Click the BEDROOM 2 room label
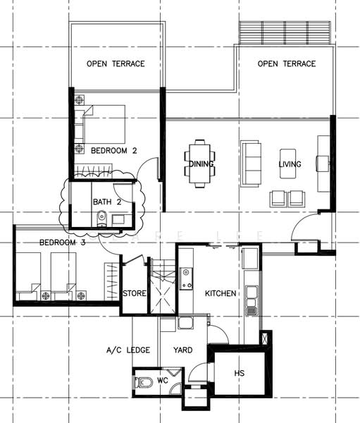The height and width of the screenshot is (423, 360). (x=114, y=151)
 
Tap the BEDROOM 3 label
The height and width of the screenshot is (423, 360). (x=63, y=243)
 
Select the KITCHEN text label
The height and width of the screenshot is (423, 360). (x=221, y=293)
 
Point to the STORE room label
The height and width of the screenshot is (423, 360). (x=135, y=293)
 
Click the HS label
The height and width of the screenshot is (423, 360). (x=240, y=373)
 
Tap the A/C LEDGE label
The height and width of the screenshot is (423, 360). (x=128, y=350)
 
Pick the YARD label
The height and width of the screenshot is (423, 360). (x=183, y=350)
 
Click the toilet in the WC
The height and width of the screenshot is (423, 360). (x=141, y=382)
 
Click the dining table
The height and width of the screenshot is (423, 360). (x=199, y=164)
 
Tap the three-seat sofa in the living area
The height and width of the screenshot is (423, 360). (x=251, y=164)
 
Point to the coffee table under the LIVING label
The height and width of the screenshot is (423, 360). (x=287, y=164)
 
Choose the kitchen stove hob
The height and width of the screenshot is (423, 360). (x=186, y=278)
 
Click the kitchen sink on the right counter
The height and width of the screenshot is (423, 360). (x=252, y=300)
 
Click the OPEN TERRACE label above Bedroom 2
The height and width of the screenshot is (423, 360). (x=116, y=63)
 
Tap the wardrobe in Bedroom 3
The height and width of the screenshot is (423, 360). (x=111, y=281)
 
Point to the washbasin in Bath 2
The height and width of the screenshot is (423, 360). (x=118, y=219)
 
